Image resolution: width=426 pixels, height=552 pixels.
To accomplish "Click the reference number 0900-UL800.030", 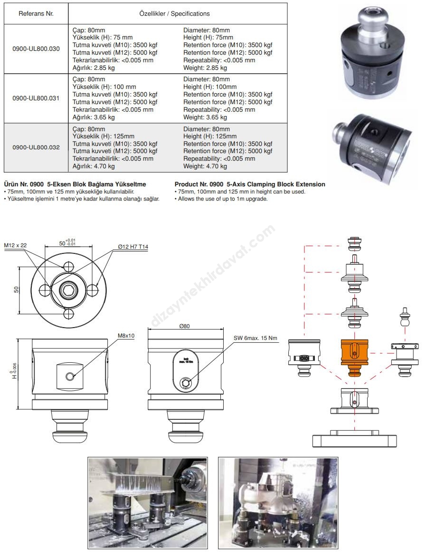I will (x=36, y=49).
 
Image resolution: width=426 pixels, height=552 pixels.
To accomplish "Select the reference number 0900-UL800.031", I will (x=36, y=98).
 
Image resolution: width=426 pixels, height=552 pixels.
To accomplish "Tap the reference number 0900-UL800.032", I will (x=36, y=147).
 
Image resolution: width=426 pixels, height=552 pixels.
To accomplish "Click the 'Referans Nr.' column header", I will (x=36, y=14).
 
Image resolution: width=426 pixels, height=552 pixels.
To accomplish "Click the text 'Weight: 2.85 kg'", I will (x=205, y=68).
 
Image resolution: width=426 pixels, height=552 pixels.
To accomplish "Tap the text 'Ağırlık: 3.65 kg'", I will (x=94, y=117).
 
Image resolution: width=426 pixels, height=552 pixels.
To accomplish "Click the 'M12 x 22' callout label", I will (x=16, y=245).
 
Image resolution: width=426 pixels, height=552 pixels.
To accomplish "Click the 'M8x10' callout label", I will (x=126, y=335).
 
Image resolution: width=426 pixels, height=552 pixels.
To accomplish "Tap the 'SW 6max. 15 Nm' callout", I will (x=255, y=338).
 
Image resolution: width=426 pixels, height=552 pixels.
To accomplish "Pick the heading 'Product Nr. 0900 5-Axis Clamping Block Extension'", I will (x=250, y=184).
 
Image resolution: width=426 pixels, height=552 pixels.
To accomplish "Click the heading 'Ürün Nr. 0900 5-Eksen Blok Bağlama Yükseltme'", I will (x=75, y=184).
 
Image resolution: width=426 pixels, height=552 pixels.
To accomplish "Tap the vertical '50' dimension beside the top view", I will (x=16, y=289).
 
